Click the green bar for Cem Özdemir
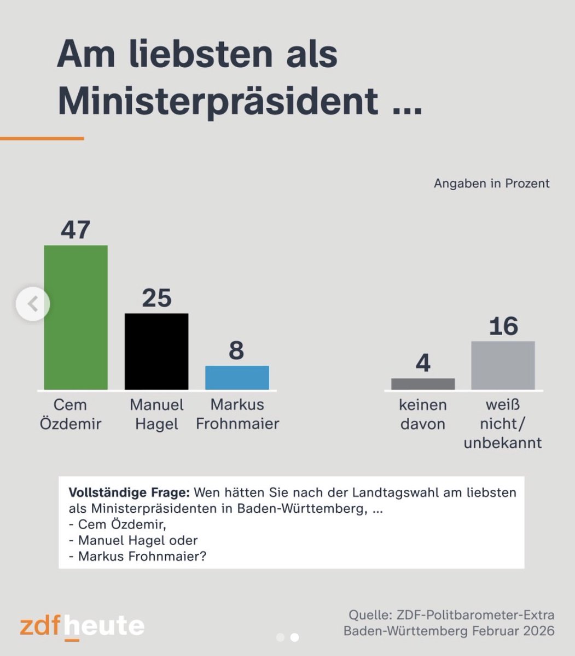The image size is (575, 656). coord(75,317)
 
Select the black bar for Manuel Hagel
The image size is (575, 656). coord(156,351)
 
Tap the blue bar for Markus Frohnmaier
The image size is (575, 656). coord(237,377)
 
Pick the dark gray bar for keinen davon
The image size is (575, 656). coord(423,384)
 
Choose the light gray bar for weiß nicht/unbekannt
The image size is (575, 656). coord(503,365)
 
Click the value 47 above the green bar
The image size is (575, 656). coord(75,230)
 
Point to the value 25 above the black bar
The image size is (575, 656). coord(156,298)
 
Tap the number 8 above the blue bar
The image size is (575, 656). coord(236,350)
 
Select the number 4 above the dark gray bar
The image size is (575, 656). coord(423,363)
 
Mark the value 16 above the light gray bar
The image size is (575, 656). coord(503,326)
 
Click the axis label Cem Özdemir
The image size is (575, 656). coord(71,414)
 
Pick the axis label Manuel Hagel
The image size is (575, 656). coord(156,414)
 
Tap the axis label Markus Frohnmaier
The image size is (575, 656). coord(237,414)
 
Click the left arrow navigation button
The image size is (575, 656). coord(33,303)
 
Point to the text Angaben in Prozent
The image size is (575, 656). coord(491,183)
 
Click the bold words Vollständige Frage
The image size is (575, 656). coord(129,492)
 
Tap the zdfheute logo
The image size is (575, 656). coord(82,626)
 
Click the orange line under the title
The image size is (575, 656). coord(42,138)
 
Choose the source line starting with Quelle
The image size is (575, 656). coord(451,614)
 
